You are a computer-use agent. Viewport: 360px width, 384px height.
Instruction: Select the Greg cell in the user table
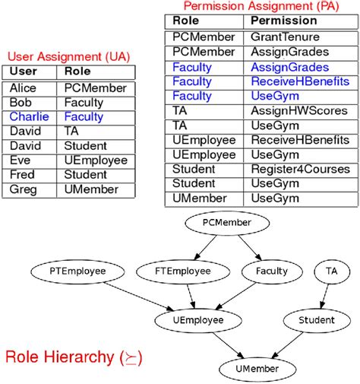coord(23,189)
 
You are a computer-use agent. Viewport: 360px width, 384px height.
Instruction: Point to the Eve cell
coord(20,160)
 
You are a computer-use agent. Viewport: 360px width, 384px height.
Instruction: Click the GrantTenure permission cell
coord(285,36)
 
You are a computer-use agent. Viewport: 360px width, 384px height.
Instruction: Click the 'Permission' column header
coord(284,21)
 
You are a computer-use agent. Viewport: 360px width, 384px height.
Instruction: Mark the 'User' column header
coord(24,72)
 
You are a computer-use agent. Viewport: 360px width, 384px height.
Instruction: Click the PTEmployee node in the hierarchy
coord(68,271)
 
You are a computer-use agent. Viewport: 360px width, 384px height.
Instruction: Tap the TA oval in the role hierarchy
coord(331,271)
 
